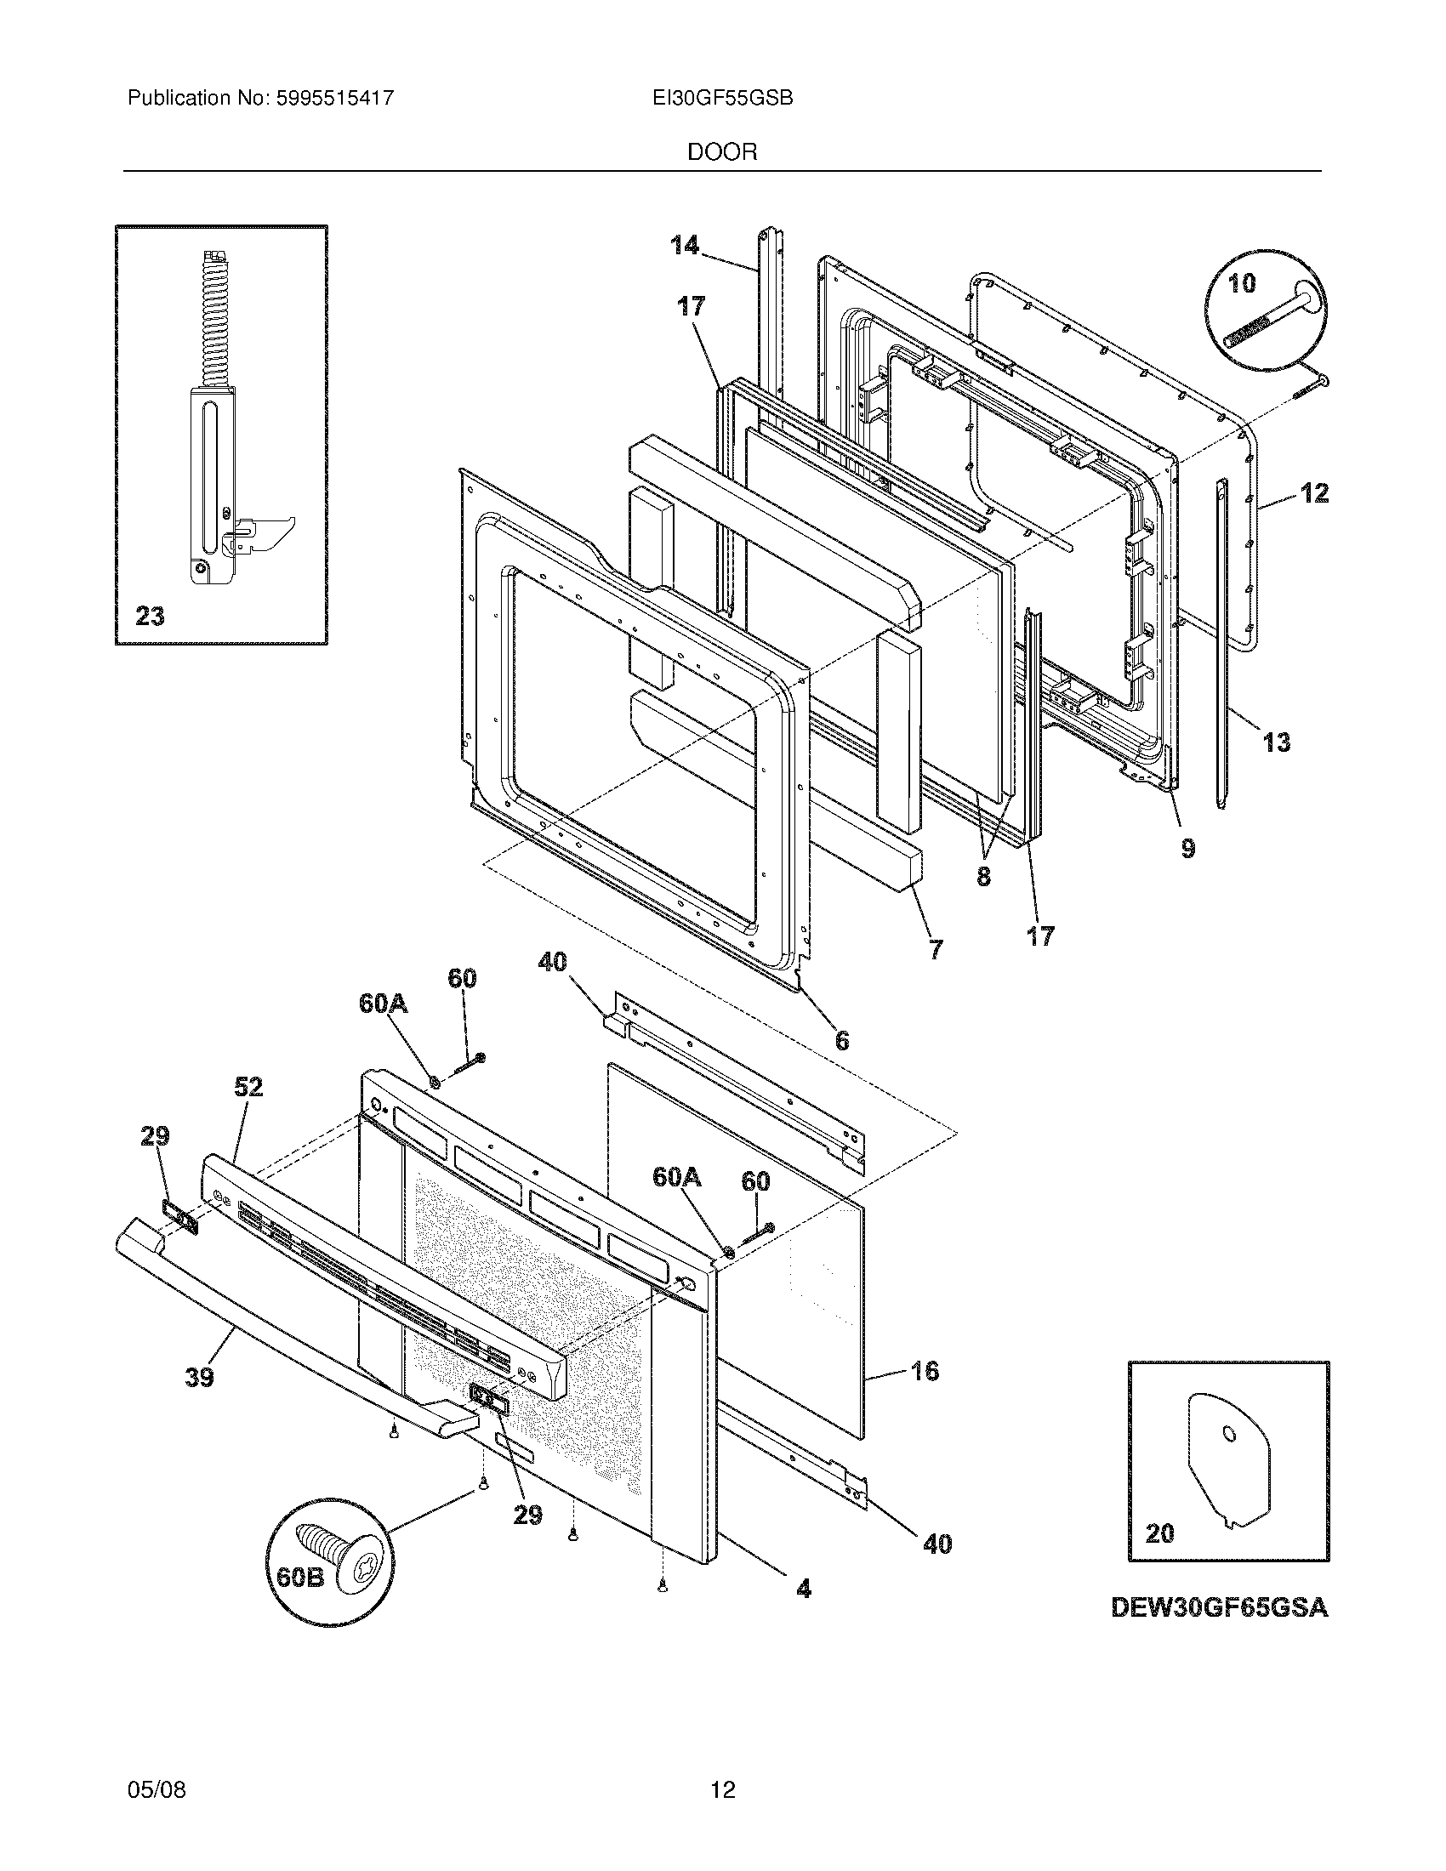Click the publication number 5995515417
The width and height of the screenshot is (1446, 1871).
[x=334, y=99]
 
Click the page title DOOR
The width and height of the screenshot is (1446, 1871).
[x=722, y=152]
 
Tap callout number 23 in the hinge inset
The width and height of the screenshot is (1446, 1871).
[x=150, y=616]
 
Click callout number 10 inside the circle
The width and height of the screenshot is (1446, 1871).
[x=1242, y=283]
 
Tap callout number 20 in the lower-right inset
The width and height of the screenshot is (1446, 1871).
[x=1160, y=1533]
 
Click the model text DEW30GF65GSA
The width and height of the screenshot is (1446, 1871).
[x=1219, y=1609]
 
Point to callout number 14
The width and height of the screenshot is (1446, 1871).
[x=684, y=246]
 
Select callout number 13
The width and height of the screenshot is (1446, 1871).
[x=1277, y=742]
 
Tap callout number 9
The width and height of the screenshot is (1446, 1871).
[x=1187, y=848]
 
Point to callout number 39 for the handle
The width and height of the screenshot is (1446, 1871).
[x=200, y=1378]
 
